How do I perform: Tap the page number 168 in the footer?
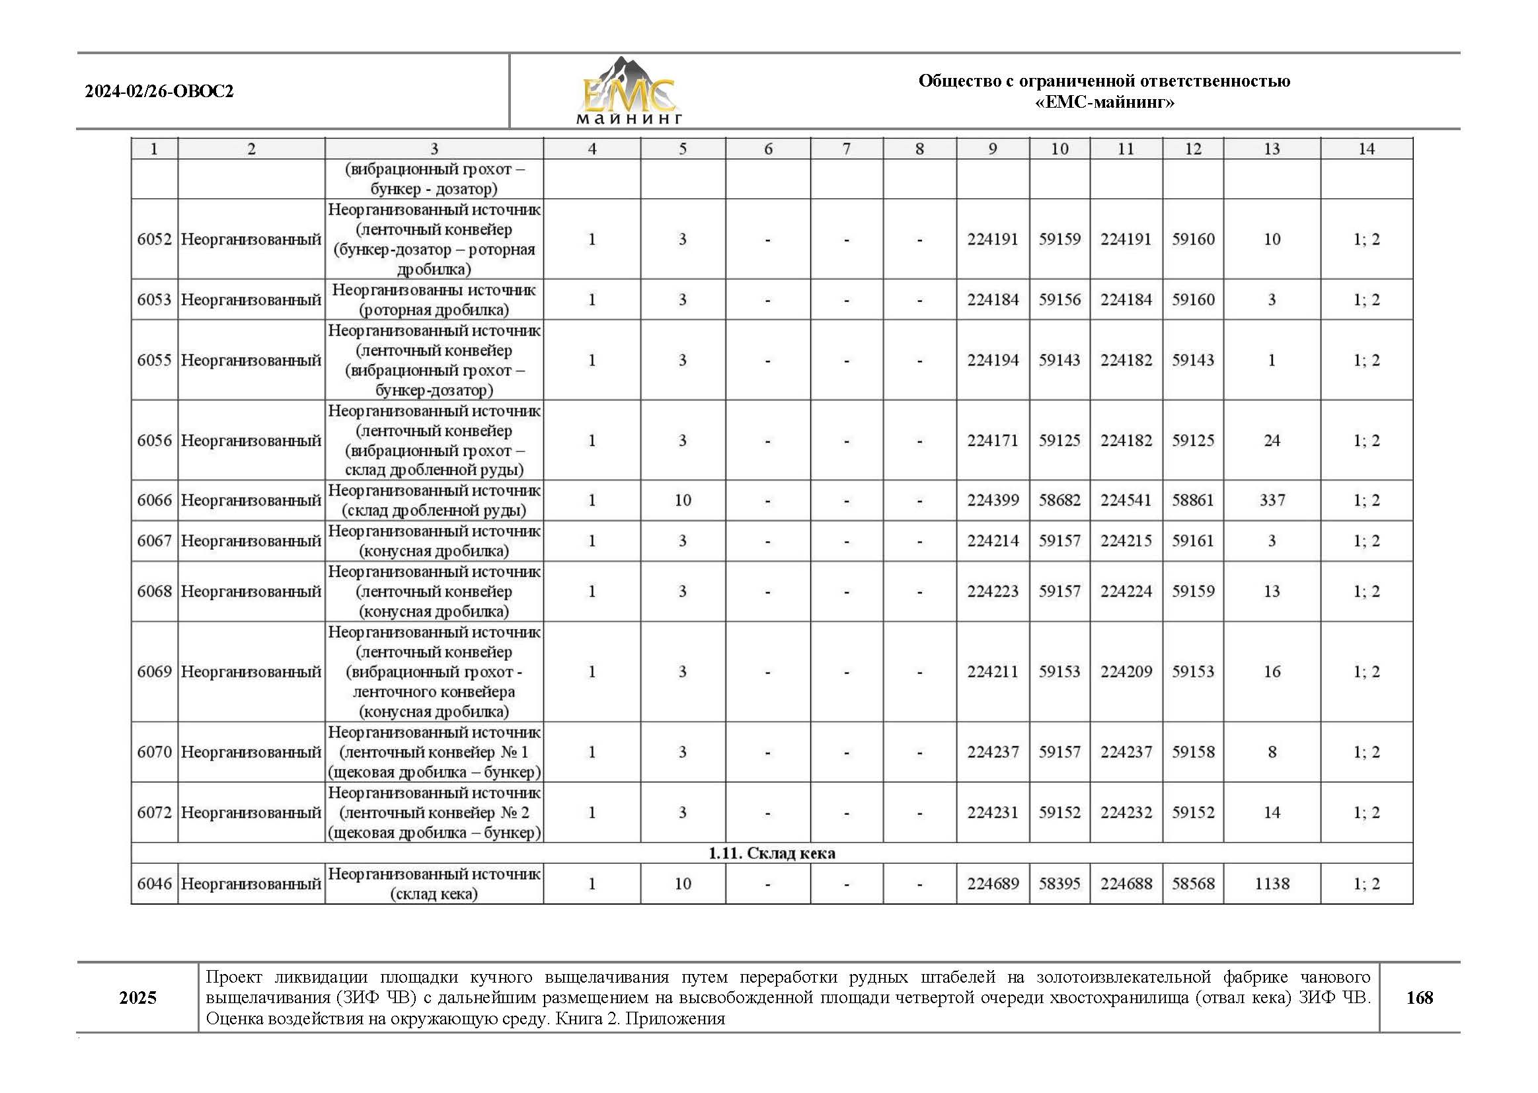tap(1419, 997)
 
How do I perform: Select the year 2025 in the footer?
tap(138, 997)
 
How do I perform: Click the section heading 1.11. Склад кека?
tap(771, 853)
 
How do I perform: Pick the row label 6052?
tap(154, 240)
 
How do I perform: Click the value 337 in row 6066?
tap(1272, 501)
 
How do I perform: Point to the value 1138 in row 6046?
tap(1272, 884)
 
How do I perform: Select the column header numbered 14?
tap(1365, 149)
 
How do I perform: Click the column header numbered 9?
tap(992, 149)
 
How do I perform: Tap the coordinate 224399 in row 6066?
tap(992, 501)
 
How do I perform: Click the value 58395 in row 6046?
tap(1059, 884)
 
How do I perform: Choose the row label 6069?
tap(154, 671)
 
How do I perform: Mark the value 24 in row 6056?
tap(1272, 441)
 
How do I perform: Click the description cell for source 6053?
tap(434, 300)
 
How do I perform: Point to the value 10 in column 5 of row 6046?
tap(683, 884)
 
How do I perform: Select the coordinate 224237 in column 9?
tap(992, 753)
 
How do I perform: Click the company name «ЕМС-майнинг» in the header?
tap(1104, 102)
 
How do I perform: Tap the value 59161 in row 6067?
tap(1193, 541)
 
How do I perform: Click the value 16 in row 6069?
tap(1272, 671)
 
